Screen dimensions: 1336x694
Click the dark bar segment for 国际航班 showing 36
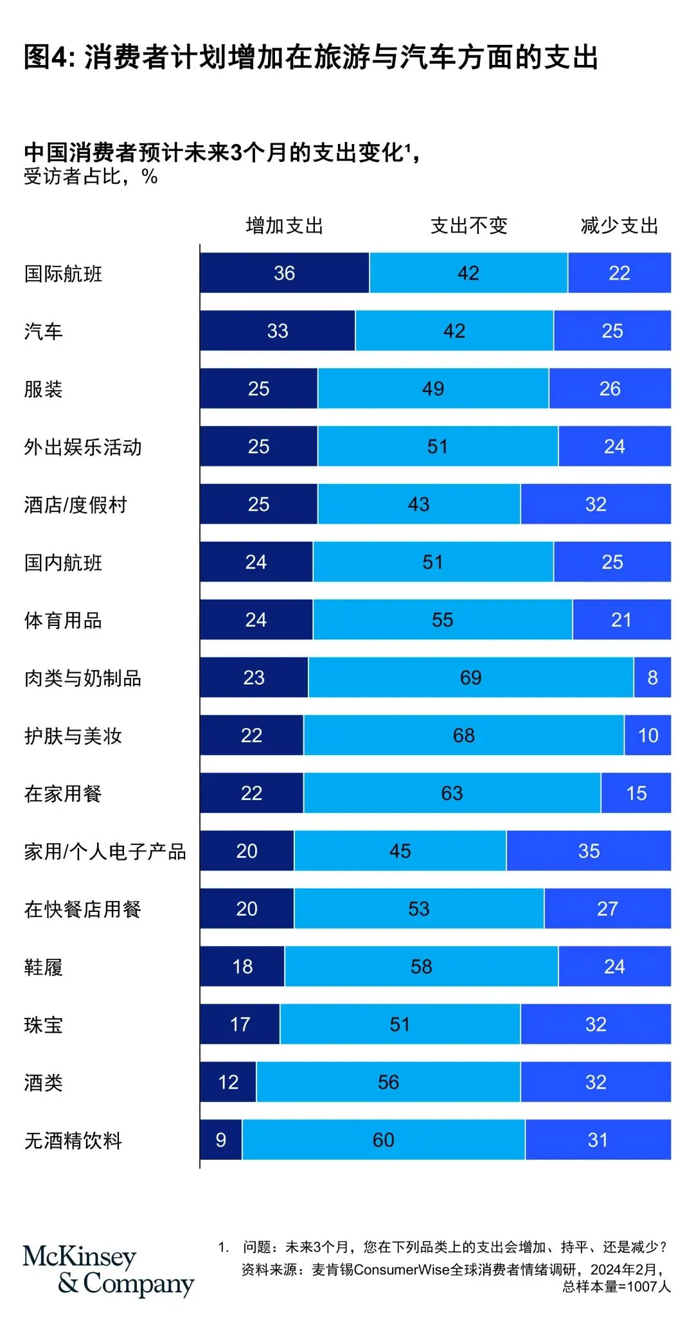[x=284, y=273]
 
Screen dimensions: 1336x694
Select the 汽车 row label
[x=43, y=332]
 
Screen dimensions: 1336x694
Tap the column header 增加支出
[x=284, y=226]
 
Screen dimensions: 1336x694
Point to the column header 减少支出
[x=619, y=226]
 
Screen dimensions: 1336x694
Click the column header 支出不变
[x=468, y=226]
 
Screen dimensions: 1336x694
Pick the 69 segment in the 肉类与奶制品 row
[x=470, y=677]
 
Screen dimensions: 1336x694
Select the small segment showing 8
[x=652, y=677]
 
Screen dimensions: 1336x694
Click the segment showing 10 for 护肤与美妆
[x=648, y=735]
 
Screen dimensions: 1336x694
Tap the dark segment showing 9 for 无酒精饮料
[x=220, y=1140]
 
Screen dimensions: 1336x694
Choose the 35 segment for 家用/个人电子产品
[x=589, y=851]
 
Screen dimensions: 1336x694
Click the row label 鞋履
[x=43, y=967]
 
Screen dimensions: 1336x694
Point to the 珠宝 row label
[x=43, y=1025]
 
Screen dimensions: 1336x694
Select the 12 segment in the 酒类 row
[x=228, y=1082]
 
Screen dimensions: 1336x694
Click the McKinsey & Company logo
[x=107, y=1270]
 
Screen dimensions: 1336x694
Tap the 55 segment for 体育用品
[x=442, y=619]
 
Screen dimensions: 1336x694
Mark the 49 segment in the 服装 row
[x=433, y=388]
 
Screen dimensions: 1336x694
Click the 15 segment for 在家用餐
[x=636, y=793]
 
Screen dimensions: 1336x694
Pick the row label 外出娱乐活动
[x=83, y=447]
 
